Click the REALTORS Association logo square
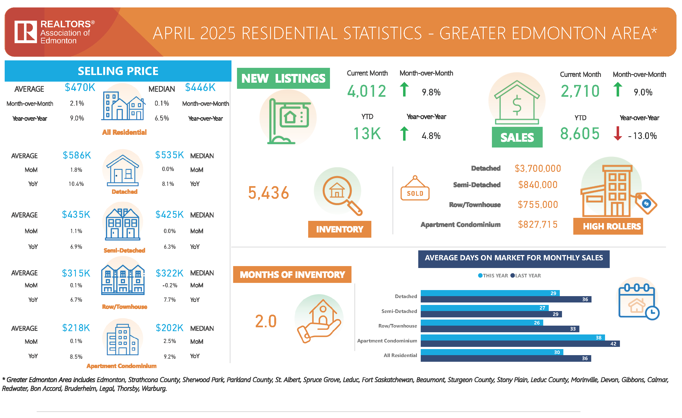coord(25,31)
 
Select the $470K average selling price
coord(80,87)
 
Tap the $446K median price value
coord(200,87)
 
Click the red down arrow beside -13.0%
coord(617,133)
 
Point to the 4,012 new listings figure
coord(366,91)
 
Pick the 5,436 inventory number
coord(268,192)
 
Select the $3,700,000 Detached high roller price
coord(537,168)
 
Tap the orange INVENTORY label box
coord(339,229)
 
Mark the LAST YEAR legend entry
coord(526,275)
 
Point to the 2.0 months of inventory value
coord(265,321)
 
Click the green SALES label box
coord(517,137)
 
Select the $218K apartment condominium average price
coord(76,328)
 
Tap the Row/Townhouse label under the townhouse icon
coord(124,307)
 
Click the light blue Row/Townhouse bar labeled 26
coord(482,323)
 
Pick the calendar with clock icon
coord(638,302)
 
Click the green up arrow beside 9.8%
coord(404,89)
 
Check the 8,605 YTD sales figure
coord(580,134)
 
